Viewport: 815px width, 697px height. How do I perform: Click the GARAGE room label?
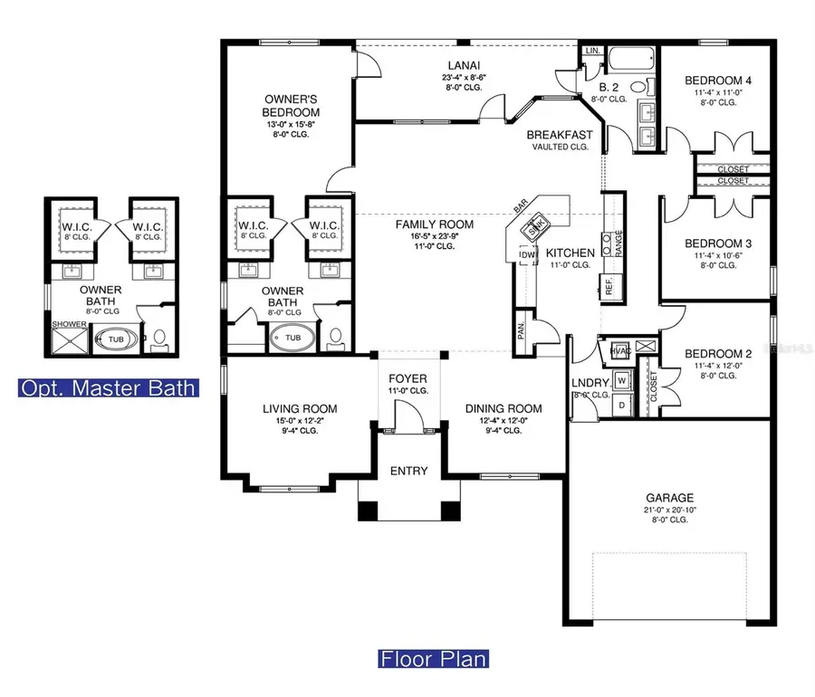[x=669, y=498]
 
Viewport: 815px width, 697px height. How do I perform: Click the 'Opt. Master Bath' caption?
[x=108, y=389]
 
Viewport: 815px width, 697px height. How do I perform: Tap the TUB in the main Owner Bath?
[x=292, y=338]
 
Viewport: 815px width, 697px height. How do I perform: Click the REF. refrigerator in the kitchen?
[x=610, y=286]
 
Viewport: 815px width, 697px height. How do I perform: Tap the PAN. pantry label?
[x=523, y=331]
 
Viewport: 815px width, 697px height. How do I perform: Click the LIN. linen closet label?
[x=593, y=51]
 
